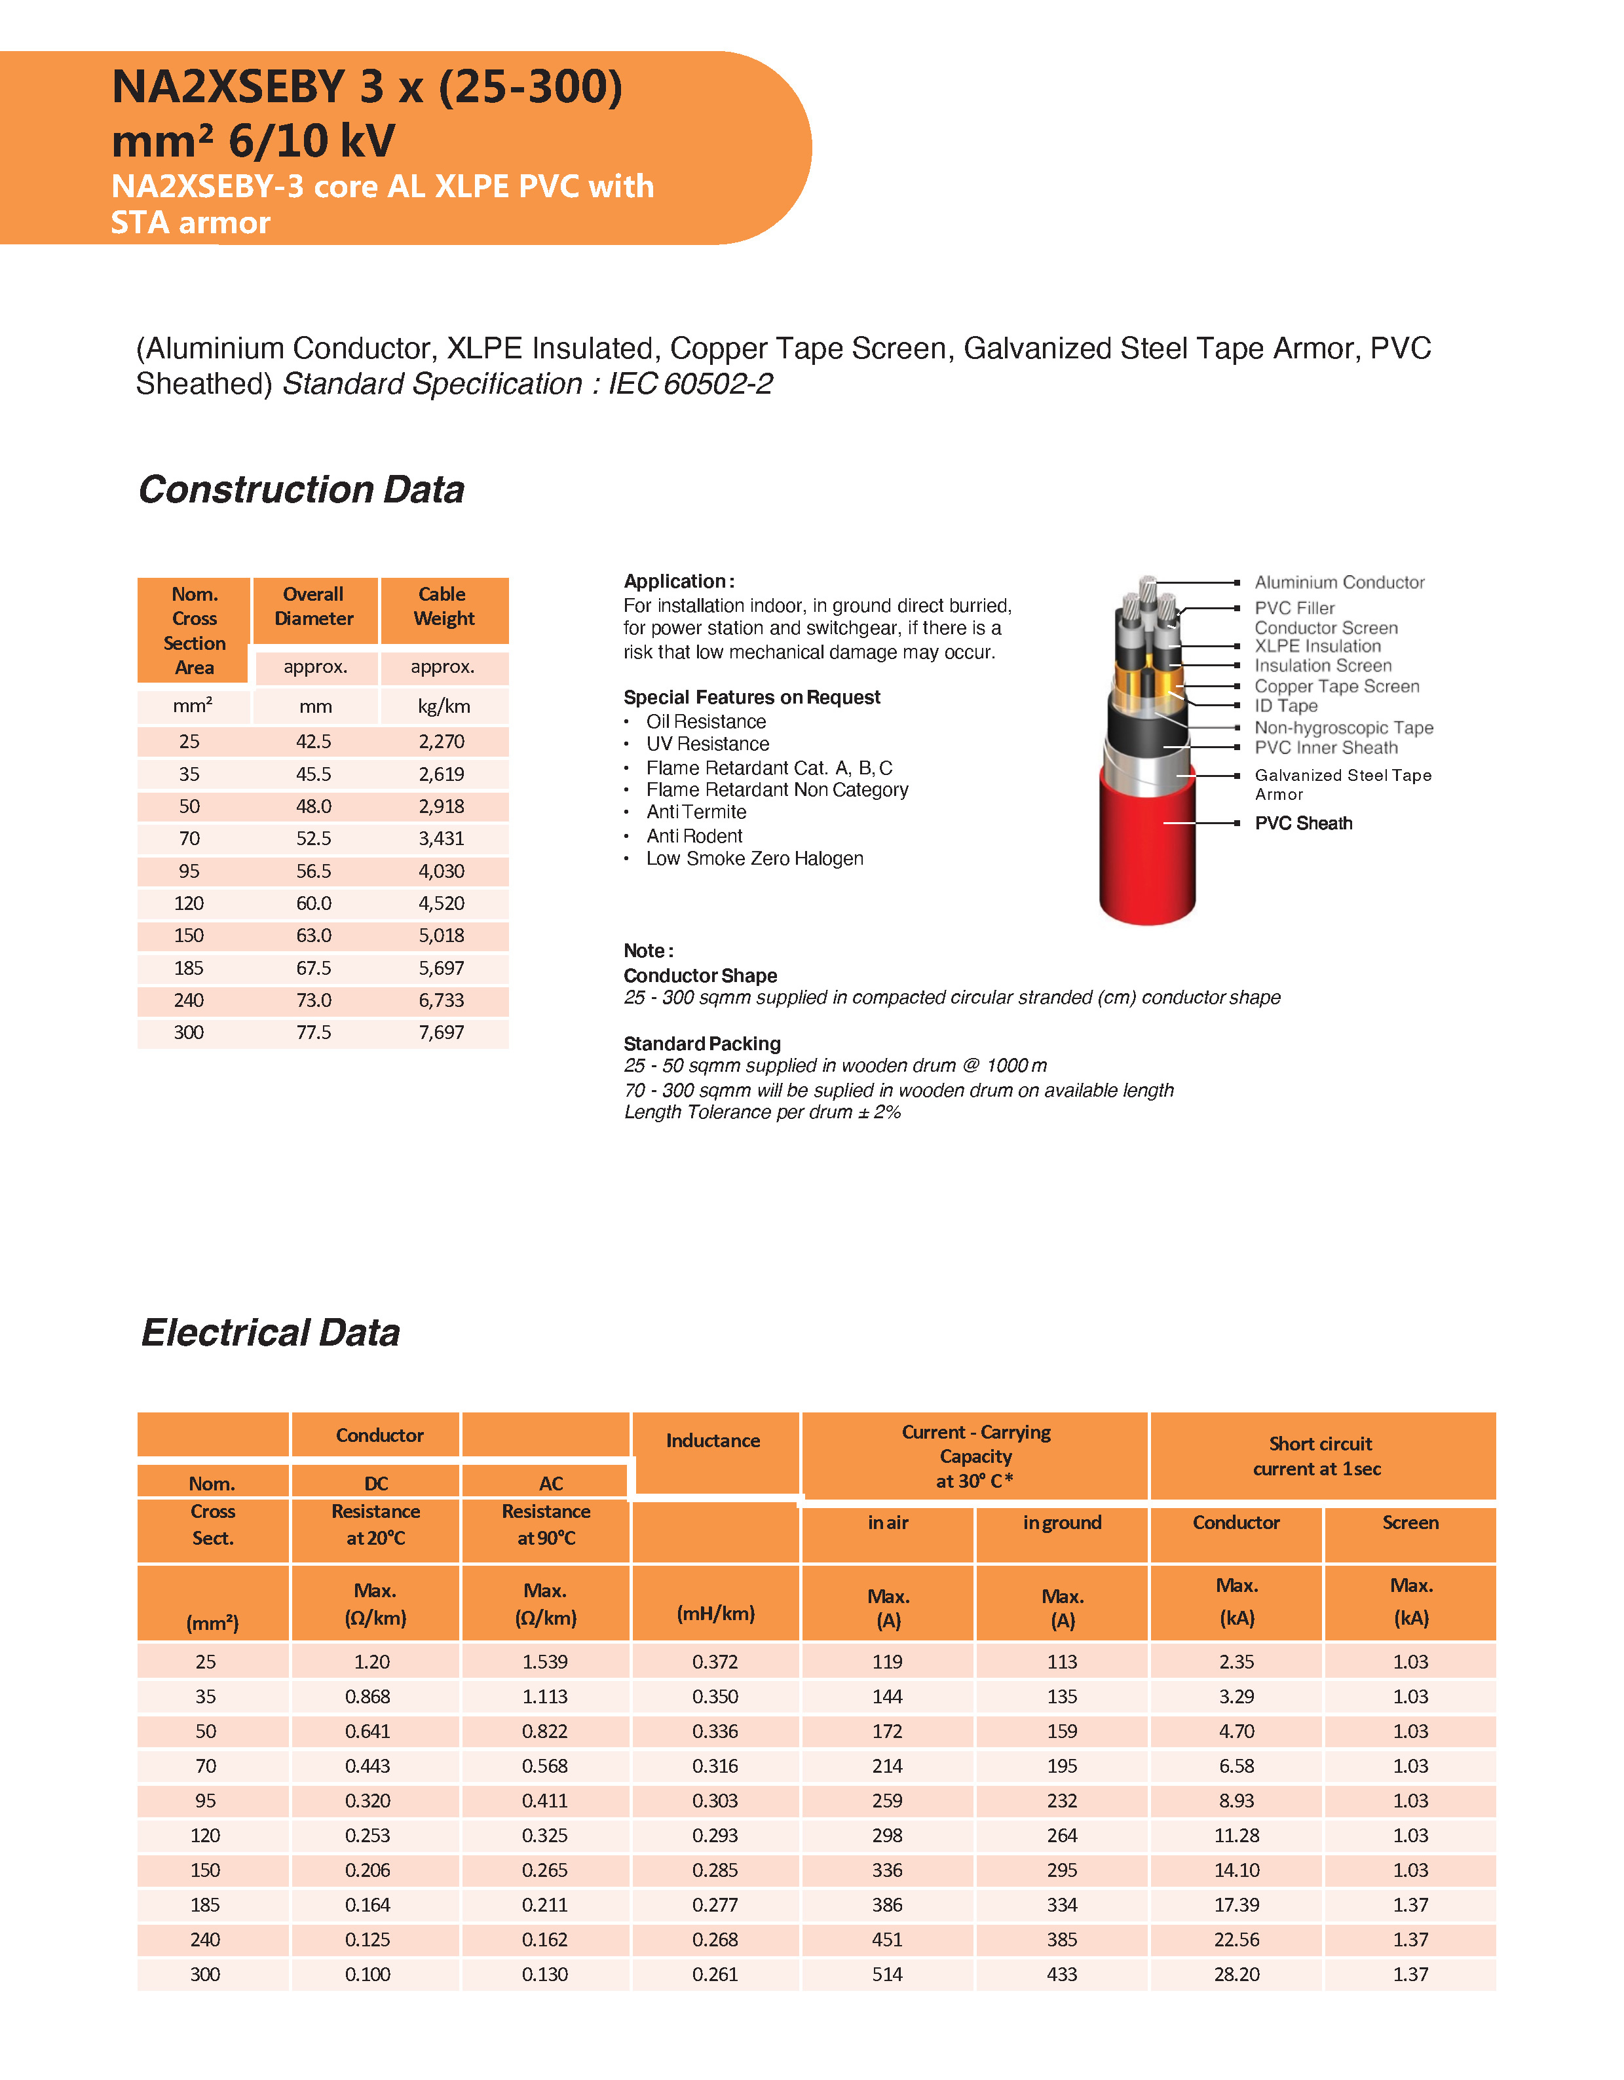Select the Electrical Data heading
pos(271,1333)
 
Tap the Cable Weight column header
pos(443,607)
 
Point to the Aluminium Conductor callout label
pos(1338,582)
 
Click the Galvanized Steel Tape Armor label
pos(1342,784)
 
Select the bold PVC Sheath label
pos(1303,823)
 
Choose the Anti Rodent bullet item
pos(693,836)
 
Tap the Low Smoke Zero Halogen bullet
pos(755,859)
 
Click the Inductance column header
pos(713,1441)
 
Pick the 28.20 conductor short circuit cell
pos(1236,1975)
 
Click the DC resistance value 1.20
pos(371,1662)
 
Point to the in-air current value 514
pos(887,1975)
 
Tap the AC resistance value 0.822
pos(545,1731)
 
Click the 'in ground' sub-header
pos(1062,1523)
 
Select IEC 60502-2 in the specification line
pos(690,384)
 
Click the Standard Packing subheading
pos(702,1044)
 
